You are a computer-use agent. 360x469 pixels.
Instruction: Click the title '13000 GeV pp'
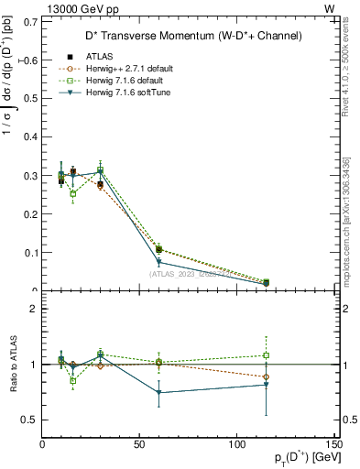pos(74,8)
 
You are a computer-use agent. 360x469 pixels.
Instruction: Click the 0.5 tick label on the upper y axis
pos(31,99)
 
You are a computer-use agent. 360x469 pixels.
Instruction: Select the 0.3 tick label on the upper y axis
pos(31,176)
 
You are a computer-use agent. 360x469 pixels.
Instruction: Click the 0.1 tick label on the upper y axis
pos(31,253)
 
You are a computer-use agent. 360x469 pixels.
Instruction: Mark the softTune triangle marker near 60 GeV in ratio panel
pos(158,392)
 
